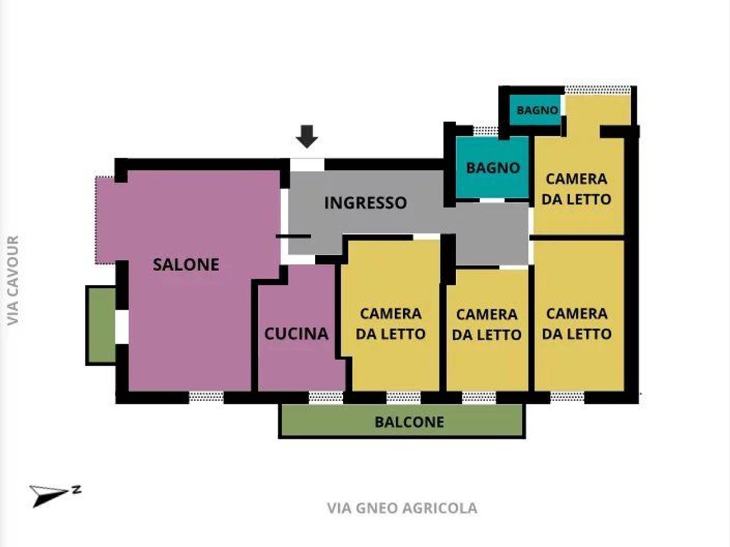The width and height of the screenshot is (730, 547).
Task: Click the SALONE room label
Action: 186,264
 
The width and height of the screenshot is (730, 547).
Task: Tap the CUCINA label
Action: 296,333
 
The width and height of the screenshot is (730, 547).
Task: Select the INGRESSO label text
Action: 366,203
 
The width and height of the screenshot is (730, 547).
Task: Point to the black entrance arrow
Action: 307,136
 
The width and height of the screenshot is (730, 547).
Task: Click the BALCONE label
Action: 409,422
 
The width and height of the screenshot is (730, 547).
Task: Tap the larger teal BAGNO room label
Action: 493,168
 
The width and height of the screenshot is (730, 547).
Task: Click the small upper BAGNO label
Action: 537,110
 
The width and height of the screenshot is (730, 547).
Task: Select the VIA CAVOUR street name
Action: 13,280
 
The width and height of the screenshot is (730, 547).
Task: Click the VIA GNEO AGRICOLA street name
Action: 402,508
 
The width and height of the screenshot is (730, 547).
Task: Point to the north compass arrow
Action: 51,495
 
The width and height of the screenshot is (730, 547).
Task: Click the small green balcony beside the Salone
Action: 101,325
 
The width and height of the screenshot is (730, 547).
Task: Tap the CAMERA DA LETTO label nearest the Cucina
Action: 391,324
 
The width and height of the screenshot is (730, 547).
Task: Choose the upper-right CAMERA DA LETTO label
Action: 576,189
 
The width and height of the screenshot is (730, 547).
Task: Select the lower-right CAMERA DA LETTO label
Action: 577,324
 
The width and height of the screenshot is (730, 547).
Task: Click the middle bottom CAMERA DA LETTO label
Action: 486,325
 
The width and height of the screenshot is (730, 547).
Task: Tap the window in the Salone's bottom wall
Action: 206,397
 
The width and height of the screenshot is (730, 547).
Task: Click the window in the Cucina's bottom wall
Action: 326,397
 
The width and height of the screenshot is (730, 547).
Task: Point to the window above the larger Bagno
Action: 485,131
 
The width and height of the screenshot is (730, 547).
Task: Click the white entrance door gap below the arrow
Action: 307,165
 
